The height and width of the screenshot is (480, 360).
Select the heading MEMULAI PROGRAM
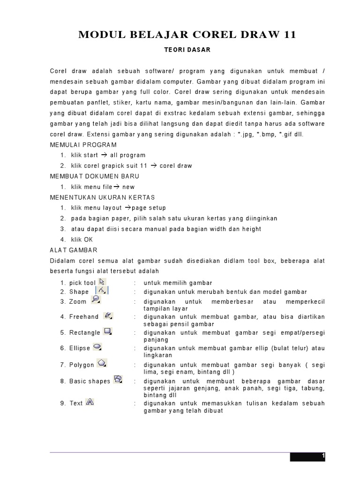coord(83,145)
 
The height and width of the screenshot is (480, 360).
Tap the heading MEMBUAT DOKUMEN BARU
coord(95,176)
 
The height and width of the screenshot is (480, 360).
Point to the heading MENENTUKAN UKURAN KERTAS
coord(102,197)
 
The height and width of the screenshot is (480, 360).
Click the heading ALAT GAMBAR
coord(74,250)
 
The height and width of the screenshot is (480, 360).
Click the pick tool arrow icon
coord(103,282)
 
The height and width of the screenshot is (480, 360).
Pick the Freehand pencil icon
coord(108,316)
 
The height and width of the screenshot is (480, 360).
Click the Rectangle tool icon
coord(108,331)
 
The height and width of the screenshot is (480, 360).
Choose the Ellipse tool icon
coord(98,347)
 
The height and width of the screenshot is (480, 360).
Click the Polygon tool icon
coord(102,363)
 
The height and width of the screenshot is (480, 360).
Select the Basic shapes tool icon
coord(118,379)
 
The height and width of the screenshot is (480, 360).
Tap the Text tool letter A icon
coord(90,402)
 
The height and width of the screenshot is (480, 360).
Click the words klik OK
coord(82,240)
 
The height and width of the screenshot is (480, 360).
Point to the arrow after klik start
coord(104,155)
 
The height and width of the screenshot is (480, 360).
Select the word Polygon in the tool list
coord(82,365)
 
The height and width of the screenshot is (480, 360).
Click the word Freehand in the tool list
coord(84,317)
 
